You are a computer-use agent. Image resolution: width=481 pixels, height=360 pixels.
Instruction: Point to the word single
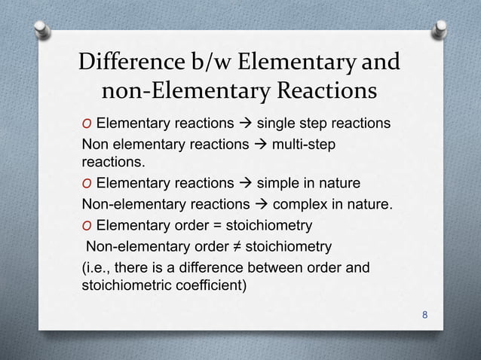click(279, 123)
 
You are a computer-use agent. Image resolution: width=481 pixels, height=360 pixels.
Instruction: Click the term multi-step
click(307, 143)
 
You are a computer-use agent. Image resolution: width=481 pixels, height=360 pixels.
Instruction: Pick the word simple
click(278, 183)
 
